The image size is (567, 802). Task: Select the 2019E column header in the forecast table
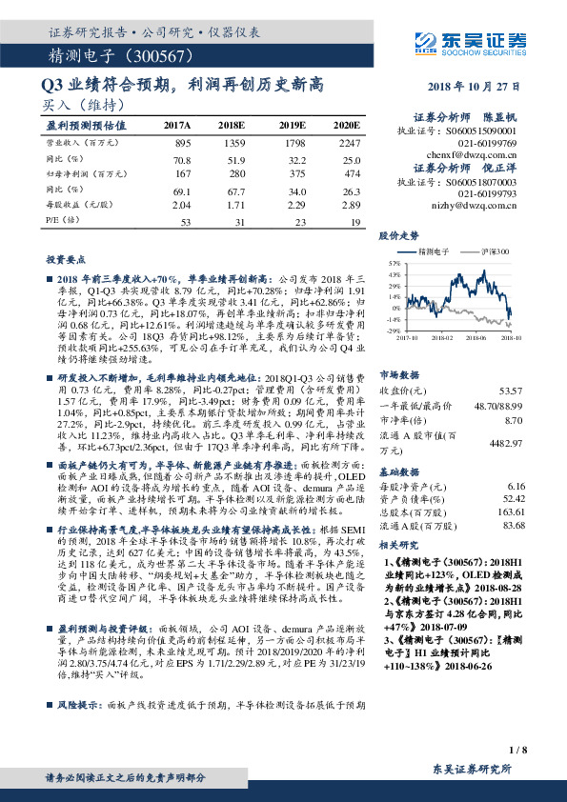(291, 125)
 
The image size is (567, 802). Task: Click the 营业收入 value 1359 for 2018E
(233, 142)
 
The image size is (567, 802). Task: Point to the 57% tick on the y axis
(394, 260)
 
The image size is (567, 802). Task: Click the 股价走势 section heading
(400, 234)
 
